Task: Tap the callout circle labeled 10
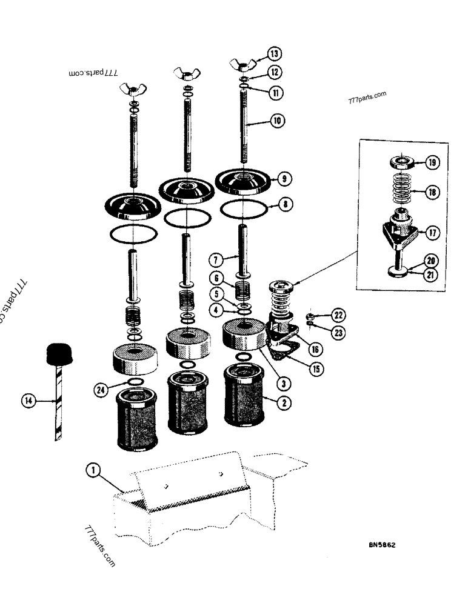tap(277, 121)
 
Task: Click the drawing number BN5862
tap(382, 545)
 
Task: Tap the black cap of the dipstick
tap(59, 353)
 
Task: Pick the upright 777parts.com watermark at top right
tap(367, 98)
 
